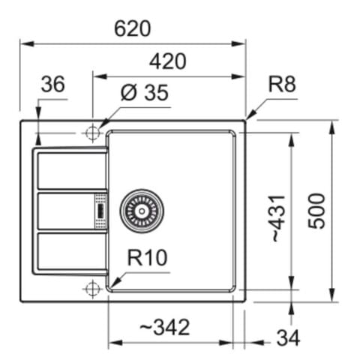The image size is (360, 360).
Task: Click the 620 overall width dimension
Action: point(133,28)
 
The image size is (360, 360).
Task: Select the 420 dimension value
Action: point(167,61)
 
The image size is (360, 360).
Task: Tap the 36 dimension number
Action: point(52,85)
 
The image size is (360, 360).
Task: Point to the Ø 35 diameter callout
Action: point(144,94)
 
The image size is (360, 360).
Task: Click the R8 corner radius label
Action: point(282,85)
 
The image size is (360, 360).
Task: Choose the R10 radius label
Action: point(147,259)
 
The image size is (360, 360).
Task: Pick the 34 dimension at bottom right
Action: point(287,338)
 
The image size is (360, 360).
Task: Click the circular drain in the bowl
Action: point(141,209)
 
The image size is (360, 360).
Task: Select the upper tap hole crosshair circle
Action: point(92,133)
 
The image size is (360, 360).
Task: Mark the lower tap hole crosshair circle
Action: point(92,289)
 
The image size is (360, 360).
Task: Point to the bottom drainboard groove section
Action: point(71,251)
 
